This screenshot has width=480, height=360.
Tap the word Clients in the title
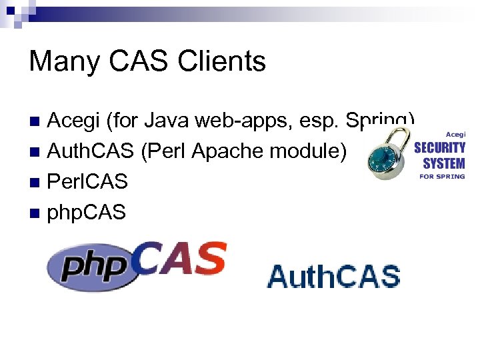point(222,62)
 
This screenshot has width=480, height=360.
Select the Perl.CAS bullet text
point(87,182)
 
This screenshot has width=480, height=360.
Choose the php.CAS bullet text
point(87,213)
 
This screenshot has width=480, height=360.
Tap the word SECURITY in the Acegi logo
point(439,148)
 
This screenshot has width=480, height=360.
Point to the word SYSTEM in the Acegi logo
point(443,163)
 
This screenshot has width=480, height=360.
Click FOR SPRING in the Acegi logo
point(441,177)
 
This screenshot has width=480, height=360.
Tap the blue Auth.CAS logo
point(333,275)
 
